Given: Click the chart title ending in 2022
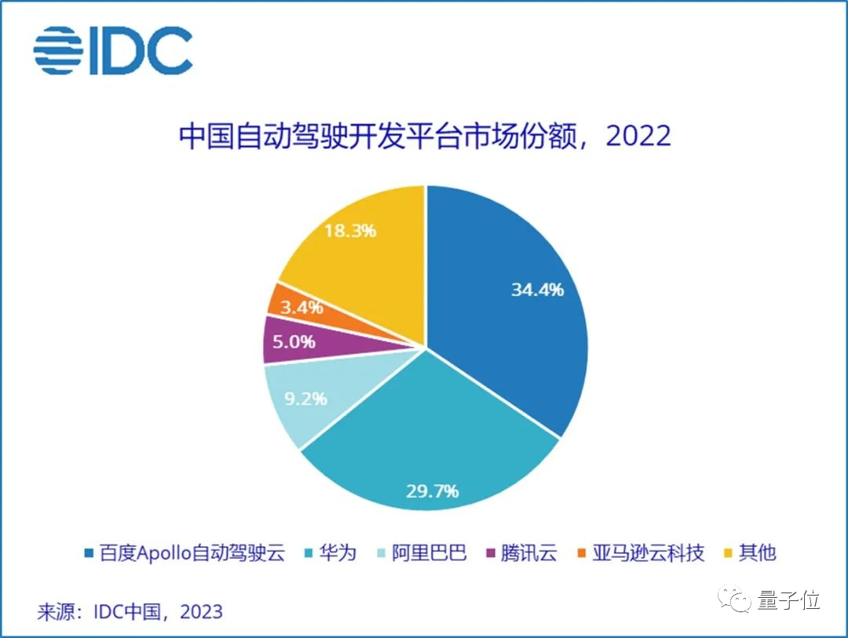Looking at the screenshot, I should point(425,136).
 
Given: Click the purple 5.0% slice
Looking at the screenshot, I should point(291,341).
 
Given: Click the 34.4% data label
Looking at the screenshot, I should point(537,290).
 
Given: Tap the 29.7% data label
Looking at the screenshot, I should point(432,491).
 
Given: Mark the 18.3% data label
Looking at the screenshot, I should point(350,231).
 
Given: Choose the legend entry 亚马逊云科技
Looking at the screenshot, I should point(640,552).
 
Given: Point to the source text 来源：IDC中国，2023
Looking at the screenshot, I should point(130,611).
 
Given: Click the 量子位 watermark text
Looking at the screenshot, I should point(788,601).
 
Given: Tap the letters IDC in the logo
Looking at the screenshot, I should point(142,51).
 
